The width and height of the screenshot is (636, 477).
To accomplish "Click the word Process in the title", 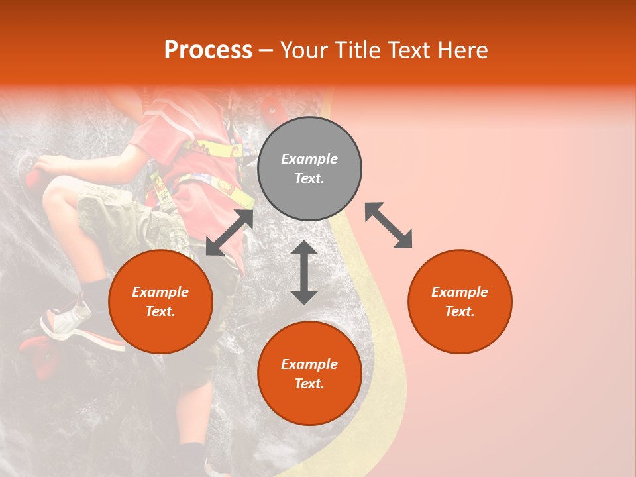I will coord(208,50).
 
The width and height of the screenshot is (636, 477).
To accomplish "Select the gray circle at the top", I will coord(309,169).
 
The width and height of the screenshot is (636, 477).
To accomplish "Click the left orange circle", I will coord(160,301).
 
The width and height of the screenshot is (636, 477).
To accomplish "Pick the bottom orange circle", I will coord(309,373).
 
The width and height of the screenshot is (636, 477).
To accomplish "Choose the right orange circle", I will coord(459,301).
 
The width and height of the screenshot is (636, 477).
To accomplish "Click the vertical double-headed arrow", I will coord(304,272).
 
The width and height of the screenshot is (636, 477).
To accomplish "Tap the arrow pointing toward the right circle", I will coord(388,225).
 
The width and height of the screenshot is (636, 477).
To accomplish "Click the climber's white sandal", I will coord(66,320).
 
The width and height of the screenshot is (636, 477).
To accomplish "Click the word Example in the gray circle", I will coord(309,159).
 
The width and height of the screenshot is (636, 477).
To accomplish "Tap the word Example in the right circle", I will coord(459,292).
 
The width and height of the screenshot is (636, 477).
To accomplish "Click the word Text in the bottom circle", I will coord(309,384).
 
